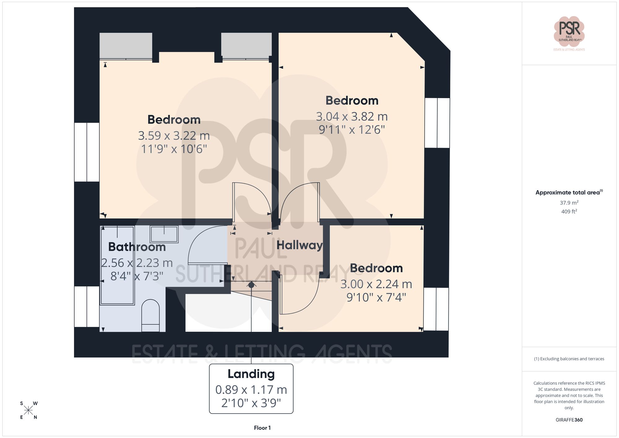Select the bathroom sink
point(164,234)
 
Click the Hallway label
point(299,245)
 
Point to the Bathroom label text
point(137,247)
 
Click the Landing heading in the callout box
point(251,374)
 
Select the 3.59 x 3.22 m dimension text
point(174,136)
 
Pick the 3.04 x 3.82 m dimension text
point(352,117)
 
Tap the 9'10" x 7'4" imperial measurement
point(376,297)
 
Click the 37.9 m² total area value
point(569,203)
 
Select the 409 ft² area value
point(569,212)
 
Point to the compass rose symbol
point(28,410)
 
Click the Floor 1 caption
point(262,428)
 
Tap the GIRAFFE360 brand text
point(569,420)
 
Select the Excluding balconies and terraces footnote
point(569,359)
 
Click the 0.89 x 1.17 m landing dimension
point(251,390)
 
